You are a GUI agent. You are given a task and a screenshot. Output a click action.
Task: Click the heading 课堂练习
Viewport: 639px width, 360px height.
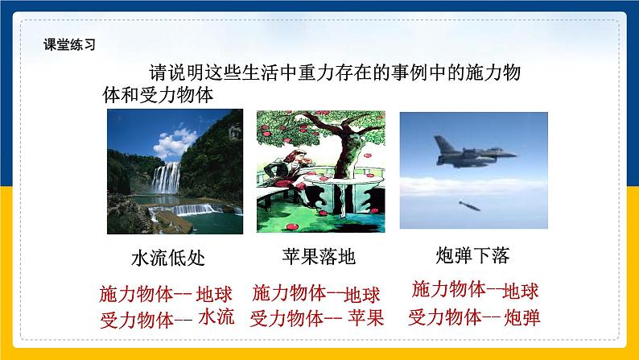(x=69, y=45)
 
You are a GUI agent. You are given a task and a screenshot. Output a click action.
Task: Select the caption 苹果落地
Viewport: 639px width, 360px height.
(x=319, y=257)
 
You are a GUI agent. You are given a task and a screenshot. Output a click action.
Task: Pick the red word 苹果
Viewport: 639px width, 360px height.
(x=366, y=317)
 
